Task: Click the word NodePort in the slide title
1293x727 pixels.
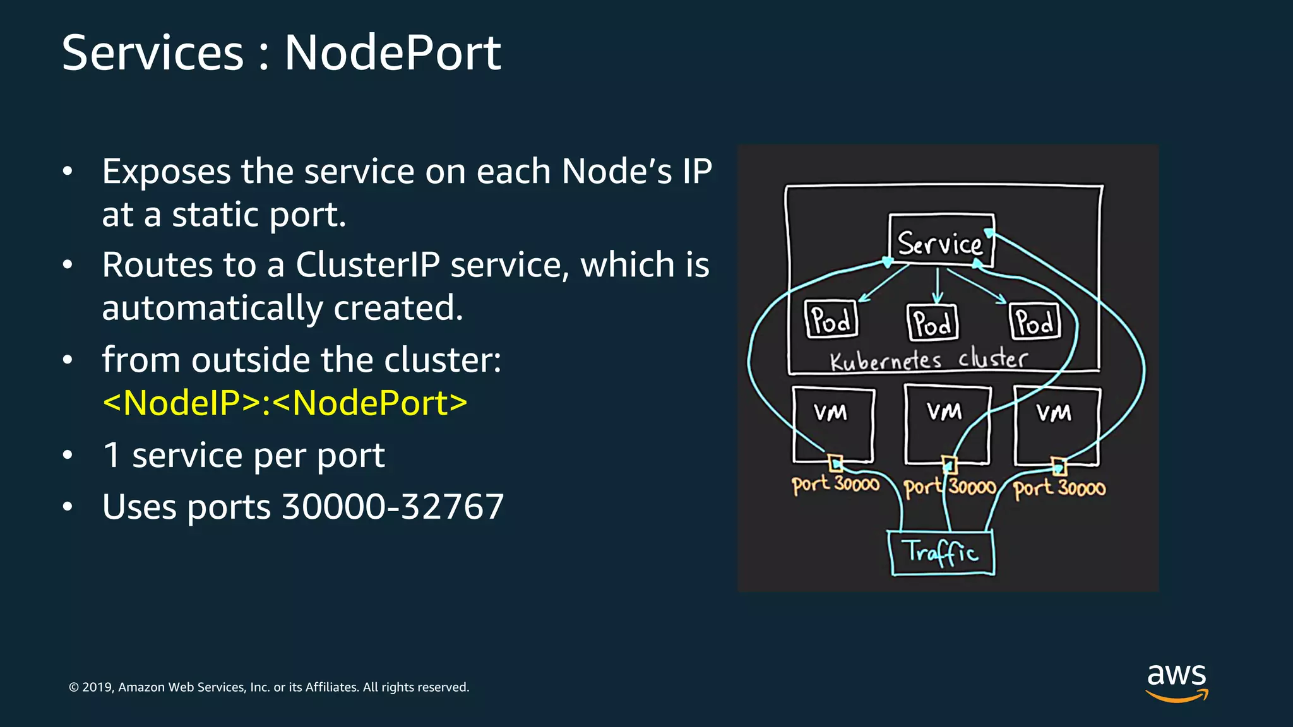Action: click(393, 53)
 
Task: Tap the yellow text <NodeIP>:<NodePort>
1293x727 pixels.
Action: click(285, 403)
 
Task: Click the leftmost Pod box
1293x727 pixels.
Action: click(831, 319)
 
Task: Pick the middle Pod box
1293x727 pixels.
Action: click(932, 322)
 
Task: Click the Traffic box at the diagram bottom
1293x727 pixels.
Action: click(941, 553)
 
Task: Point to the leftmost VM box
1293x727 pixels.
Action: click(833, 424)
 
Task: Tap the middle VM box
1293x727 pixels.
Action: click(946, 424)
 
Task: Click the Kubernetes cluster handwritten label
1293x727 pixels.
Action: click(928, 360)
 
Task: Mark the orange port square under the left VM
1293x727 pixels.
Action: click(835, 463)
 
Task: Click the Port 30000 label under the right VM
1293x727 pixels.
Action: click(1059, 488)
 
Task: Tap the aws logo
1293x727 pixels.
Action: click(1176, 682)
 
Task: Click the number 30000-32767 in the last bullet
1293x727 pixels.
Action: click(392, 507)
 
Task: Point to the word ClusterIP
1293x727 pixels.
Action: click(367, 264)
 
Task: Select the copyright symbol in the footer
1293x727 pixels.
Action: click(74, 687)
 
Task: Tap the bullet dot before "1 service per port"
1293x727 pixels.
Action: click(68, 455)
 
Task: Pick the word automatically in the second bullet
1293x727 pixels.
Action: click(213, 308)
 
